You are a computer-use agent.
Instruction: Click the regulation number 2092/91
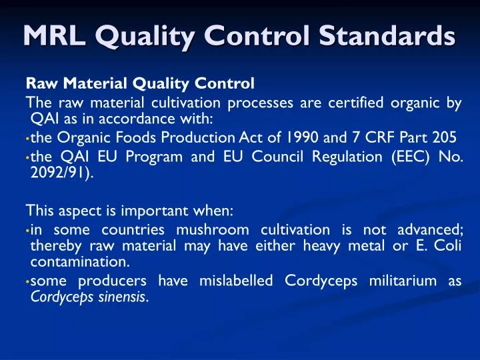61,173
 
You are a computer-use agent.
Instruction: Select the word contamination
79,261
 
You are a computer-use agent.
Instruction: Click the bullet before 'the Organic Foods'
28,139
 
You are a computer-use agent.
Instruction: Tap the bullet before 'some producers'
28,282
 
